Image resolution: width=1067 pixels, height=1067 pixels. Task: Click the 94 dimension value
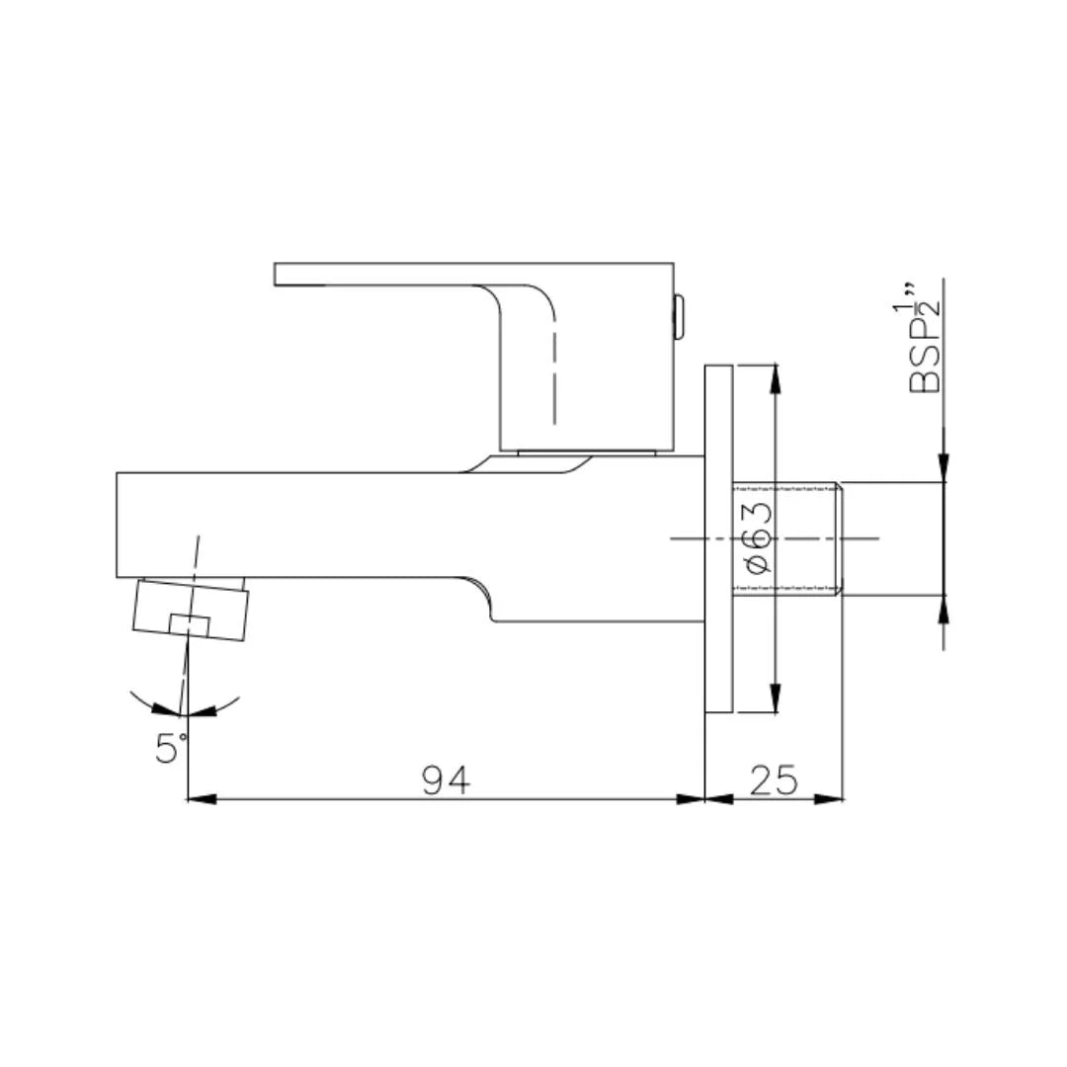click(x=446, y=780)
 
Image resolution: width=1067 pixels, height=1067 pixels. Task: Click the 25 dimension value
click(x=774, y=780)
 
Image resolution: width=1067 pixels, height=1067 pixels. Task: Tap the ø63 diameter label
click(x=756, y=538)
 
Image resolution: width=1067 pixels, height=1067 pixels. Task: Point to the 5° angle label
click(x=169, y=748)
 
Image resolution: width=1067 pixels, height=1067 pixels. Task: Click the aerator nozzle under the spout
click(x=191, y=611)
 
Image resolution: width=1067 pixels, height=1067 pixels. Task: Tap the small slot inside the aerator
click(x=189, y=623)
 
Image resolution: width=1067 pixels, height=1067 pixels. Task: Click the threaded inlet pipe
click(x=786, y=539)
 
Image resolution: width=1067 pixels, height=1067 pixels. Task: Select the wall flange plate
click(x=718, y=538)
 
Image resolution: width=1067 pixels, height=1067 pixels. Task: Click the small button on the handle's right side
click(x=679, y=316)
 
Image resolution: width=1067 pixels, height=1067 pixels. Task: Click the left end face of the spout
click(x=118, y=525)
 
